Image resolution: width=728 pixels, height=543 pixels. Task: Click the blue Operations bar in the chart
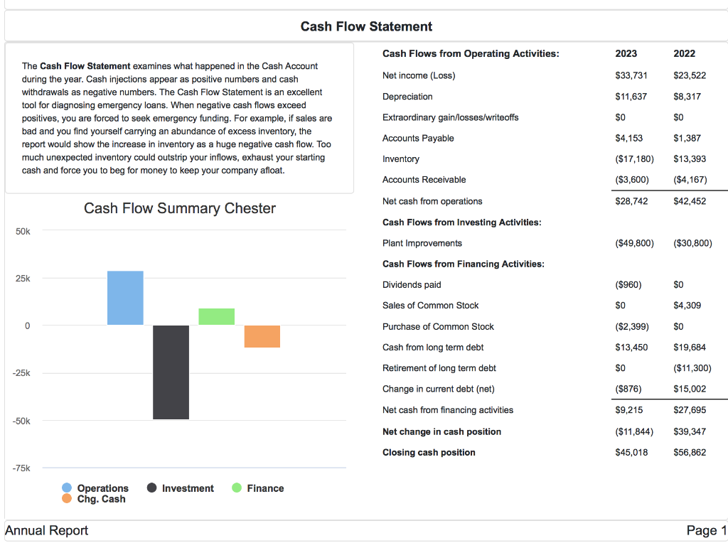tap(125, 298)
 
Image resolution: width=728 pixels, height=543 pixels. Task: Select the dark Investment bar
tap(171, 372)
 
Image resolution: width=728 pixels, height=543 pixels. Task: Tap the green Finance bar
tap(217, 316)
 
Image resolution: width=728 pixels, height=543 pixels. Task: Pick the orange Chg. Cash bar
tap(262, 336)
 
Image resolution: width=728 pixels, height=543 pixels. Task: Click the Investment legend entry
tap(181, 488)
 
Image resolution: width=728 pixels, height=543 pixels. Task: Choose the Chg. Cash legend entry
tap(94, 499)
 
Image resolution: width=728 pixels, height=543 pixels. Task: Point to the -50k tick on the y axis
tap(22, 421)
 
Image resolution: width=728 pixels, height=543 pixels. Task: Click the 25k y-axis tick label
tap(23, 279)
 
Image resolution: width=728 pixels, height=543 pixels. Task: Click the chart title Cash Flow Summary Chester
tap(180, 208)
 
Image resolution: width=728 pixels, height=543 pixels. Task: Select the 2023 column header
tap(626, 53)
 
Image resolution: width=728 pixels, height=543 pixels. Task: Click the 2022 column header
tap(684, 53)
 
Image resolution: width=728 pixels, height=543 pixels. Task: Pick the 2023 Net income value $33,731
tap(631, 75)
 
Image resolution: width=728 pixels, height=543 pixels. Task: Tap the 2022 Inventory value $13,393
tap(689, 159)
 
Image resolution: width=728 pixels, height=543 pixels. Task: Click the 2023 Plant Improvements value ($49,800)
tap(634, 243)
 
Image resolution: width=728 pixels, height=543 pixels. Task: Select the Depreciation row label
tap(407, 97)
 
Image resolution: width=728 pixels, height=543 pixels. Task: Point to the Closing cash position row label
tap(429, 452)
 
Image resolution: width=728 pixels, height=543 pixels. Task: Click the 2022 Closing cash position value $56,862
tap(689, 452)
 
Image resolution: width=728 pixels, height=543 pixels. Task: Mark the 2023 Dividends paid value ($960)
tap(628, 285)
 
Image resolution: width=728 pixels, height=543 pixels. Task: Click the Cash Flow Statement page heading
tap(366, 26)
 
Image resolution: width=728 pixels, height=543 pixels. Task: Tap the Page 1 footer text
tap(706, 530)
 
